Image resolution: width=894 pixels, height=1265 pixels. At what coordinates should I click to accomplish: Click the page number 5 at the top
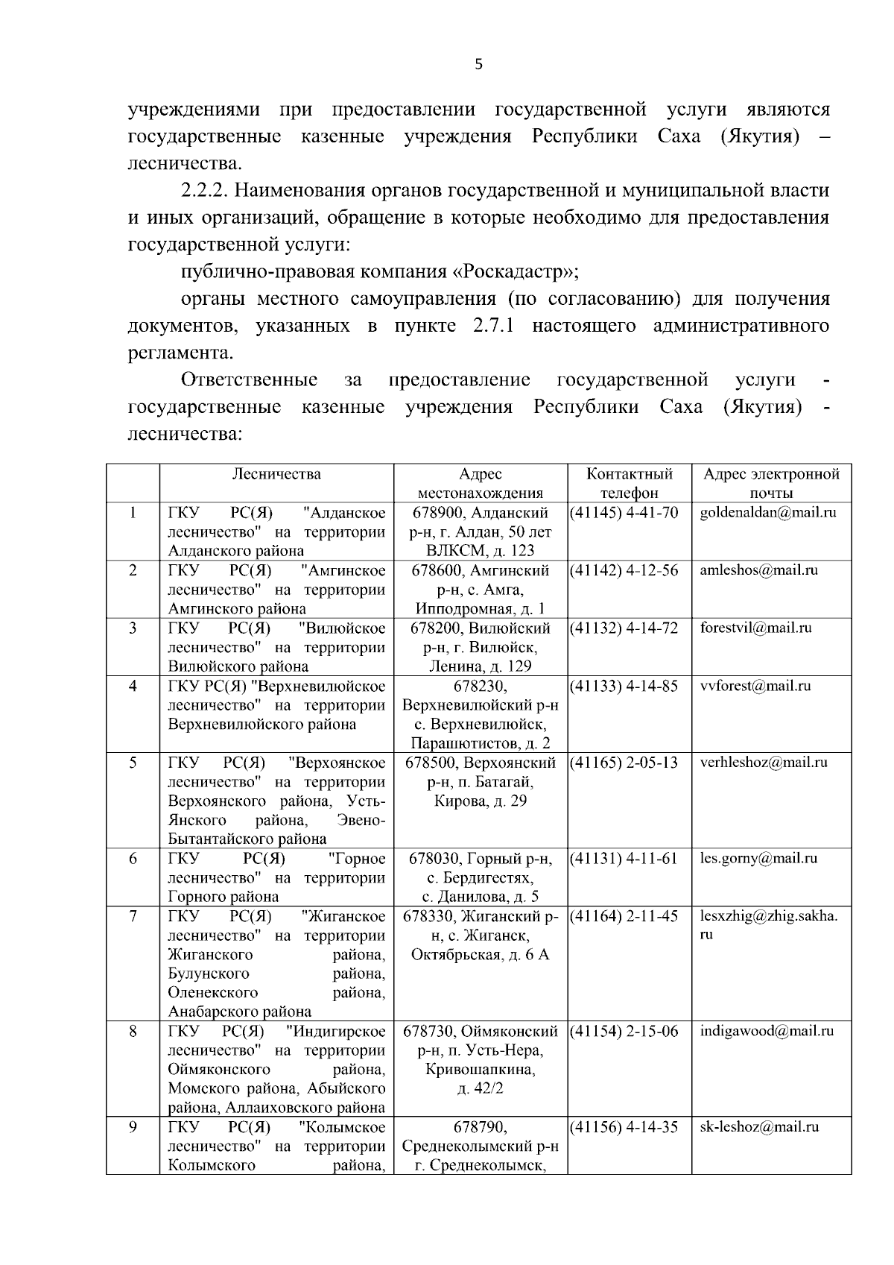click(x=478, y=65)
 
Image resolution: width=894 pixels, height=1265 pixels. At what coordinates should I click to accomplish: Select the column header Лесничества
click(x=276, y=475)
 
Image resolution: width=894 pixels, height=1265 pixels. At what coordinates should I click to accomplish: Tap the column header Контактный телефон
click(x=630, y=484)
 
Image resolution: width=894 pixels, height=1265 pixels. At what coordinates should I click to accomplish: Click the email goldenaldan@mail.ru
click(x=768, y=513)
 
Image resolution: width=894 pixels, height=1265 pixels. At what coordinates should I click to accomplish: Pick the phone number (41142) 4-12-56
click(x=624, y=571)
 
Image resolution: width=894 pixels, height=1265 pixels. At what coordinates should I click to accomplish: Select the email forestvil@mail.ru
click(x=755, y=628)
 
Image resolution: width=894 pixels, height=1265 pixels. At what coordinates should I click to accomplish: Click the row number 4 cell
click(x=133, y=687)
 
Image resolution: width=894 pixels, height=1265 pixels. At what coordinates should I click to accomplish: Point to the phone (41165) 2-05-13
click(x=624, y=763)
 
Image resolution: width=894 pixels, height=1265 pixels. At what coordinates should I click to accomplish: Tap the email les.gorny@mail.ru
click(x=758, y=859)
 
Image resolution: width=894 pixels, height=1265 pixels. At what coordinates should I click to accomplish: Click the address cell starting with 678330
click(x=481, y=936)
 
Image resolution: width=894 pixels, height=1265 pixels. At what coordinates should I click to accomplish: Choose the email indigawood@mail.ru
click(x=767, y=1032)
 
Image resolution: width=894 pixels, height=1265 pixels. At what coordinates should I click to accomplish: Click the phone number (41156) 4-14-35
click(x=624, y=1128)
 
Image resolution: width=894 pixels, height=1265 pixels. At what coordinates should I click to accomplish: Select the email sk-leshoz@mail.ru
click(x=759, y=1128)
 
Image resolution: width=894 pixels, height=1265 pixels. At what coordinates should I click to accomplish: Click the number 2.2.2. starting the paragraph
click(x=205, y=191)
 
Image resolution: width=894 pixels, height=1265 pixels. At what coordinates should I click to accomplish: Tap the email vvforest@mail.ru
click(x=755, y=687)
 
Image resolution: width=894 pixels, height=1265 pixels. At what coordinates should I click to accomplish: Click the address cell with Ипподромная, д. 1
click(x=481, y=590)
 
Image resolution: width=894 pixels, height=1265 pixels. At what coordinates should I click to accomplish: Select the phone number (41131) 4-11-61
click(x=624, y=859)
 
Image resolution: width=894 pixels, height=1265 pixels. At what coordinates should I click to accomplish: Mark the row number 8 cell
click(x=133, y=1032)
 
